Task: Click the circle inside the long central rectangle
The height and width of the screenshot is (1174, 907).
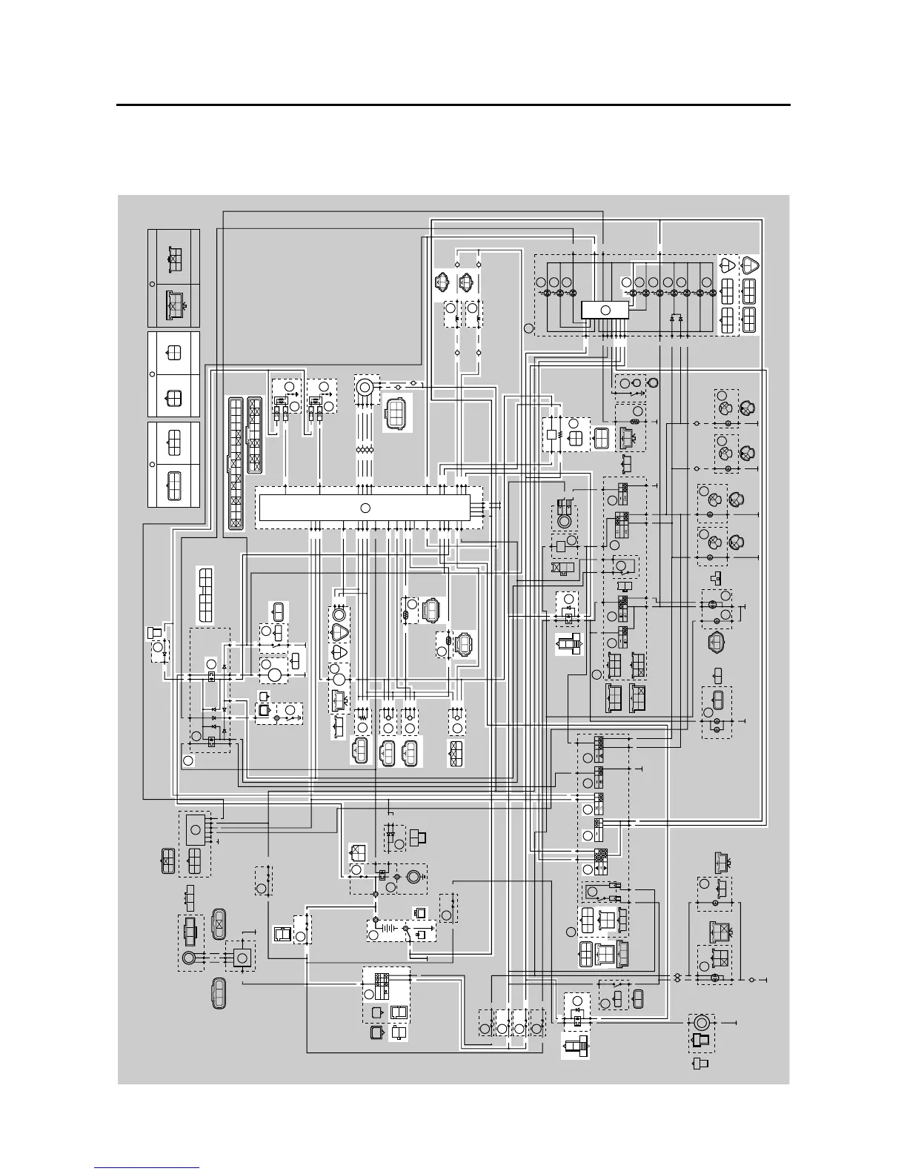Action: point(365,508)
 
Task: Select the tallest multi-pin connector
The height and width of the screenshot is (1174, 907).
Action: point(235,463)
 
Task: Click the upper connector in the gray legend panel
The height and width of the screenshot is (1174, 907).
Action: point(173,257)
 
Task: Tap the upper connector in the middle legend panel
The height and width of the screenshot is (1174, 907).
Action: point(173,353)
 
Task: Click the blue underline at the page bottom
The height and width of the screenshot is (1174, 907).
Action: point(147,1169)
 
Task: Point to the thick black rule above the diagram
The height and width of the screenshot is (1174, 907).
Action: point(453,105)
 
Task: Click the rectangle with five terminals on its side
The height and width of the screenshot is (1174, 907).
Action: point(196,829)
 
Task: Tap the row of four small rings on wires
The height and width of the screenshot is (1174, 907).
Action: point(364,450)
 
